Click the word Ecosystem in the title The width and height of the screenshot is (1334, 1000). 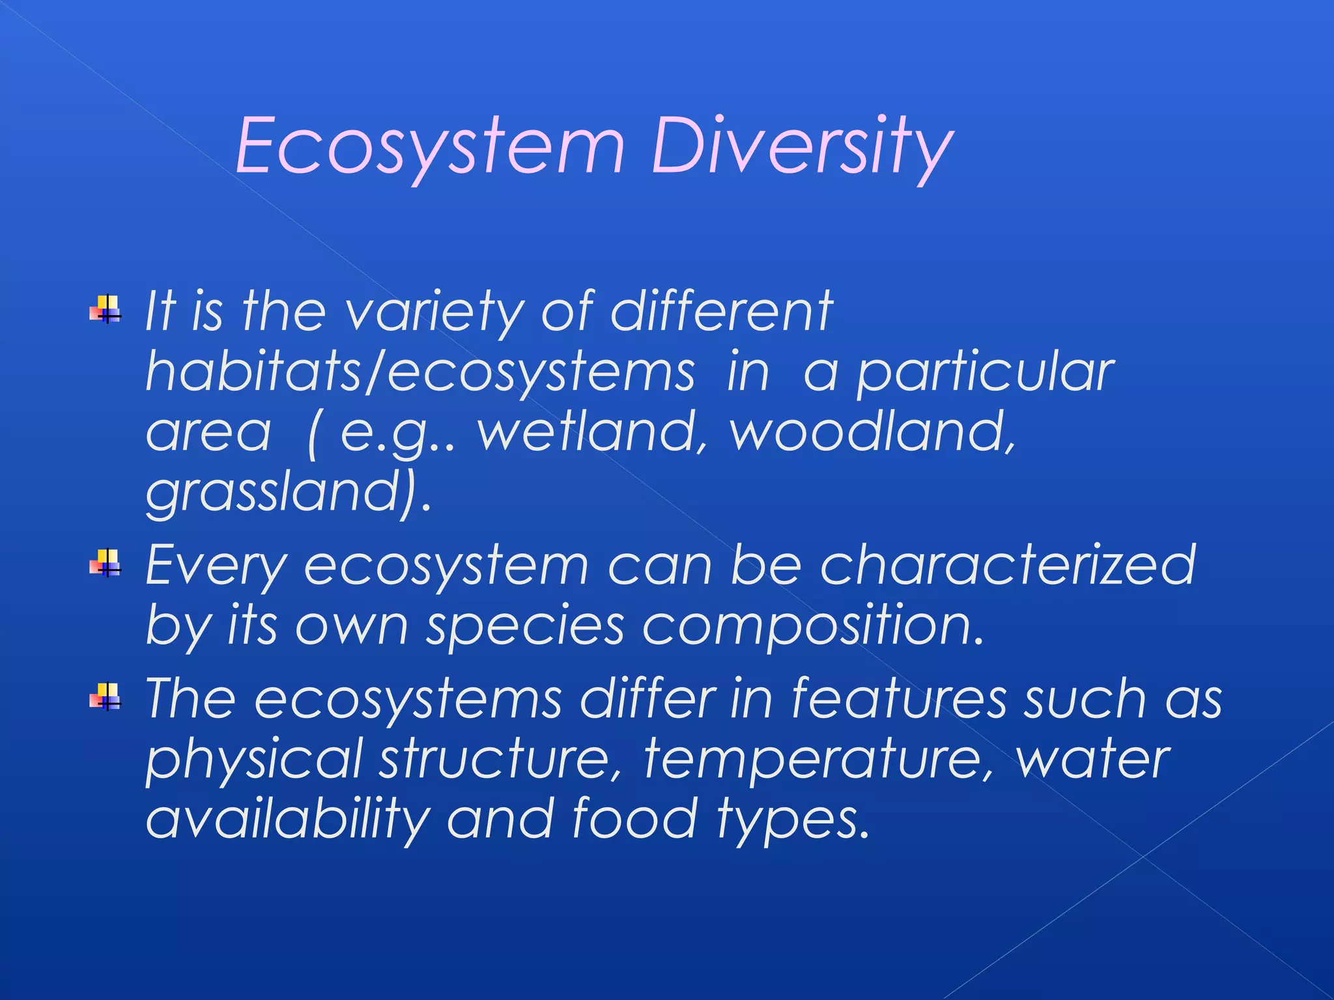pyautogui.click(x=430, y=146)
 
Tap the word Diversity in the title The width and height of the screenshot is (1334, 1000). pyautogui.click(x=801, y=146)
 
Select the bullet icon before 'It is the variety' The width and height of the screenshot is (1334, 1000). pyautogui.click(x=106, y=309)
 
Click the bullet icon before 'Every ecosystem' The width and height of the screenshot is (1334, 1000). pyautogui.click(x=106, y=563)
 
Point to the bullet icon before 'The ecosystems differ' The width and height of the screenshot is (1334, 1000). pyautogui.click(x=106, y=697)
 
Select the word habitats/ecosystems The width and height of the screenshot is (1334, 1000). pyautogui.click(x=420, y=373)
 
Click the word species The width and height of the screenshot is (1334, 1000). pyautogui.click(x=525, y=626)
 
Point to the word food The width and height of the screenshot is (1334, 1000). pyautogui.click(x=635, y=819)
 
